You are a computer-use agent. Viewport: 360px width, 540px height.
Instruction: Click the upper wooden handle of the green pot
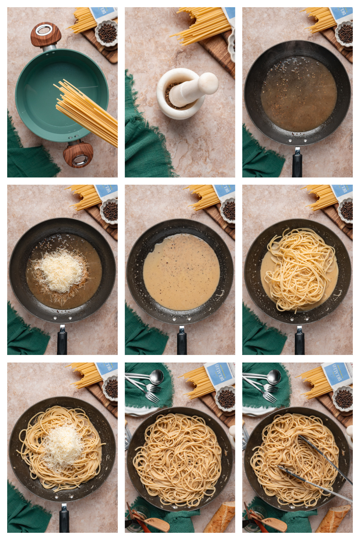pos(45,35)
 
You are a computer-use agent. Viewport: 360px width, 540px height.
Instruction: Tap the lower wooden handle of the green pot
pos(78,154)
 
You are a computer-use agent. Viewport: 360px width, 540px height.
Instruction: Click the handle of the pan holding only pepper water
pos(297,164)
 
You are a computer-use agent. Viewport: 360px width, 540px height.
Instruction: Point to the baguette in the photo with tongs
pos(333,518)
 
